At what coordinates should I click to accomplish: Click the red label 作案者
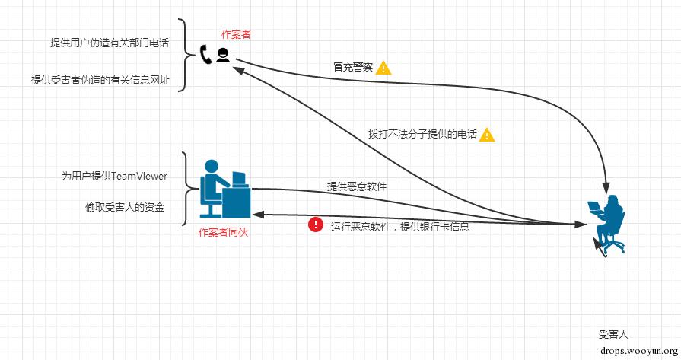236,34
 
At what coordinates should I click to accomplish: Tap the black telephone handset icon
205,54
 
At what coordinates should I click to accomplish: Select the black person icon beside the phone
223,55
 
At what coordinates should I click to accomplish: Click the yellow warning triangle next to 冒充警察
383,67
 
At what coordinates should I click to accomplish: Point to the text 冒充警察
352,67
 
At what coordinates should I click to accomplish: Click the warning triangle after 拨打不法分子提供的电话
487,135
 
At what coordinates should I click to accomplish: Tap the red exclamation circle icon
315,225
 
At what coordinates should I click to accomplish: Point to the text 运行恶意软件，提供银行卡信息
399,226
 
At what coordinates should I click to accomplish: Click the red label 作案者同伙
223,232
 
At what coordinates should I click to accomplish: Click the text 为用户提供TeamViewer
114,176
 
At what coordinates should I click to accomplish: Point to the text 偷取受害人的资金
125,207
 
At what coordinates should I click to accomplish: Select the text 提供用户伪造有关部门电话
110,43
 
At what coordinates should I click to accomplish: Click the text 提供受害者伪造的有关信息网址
100,79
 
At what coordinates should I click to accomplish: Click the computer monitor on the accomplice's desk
239,181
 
